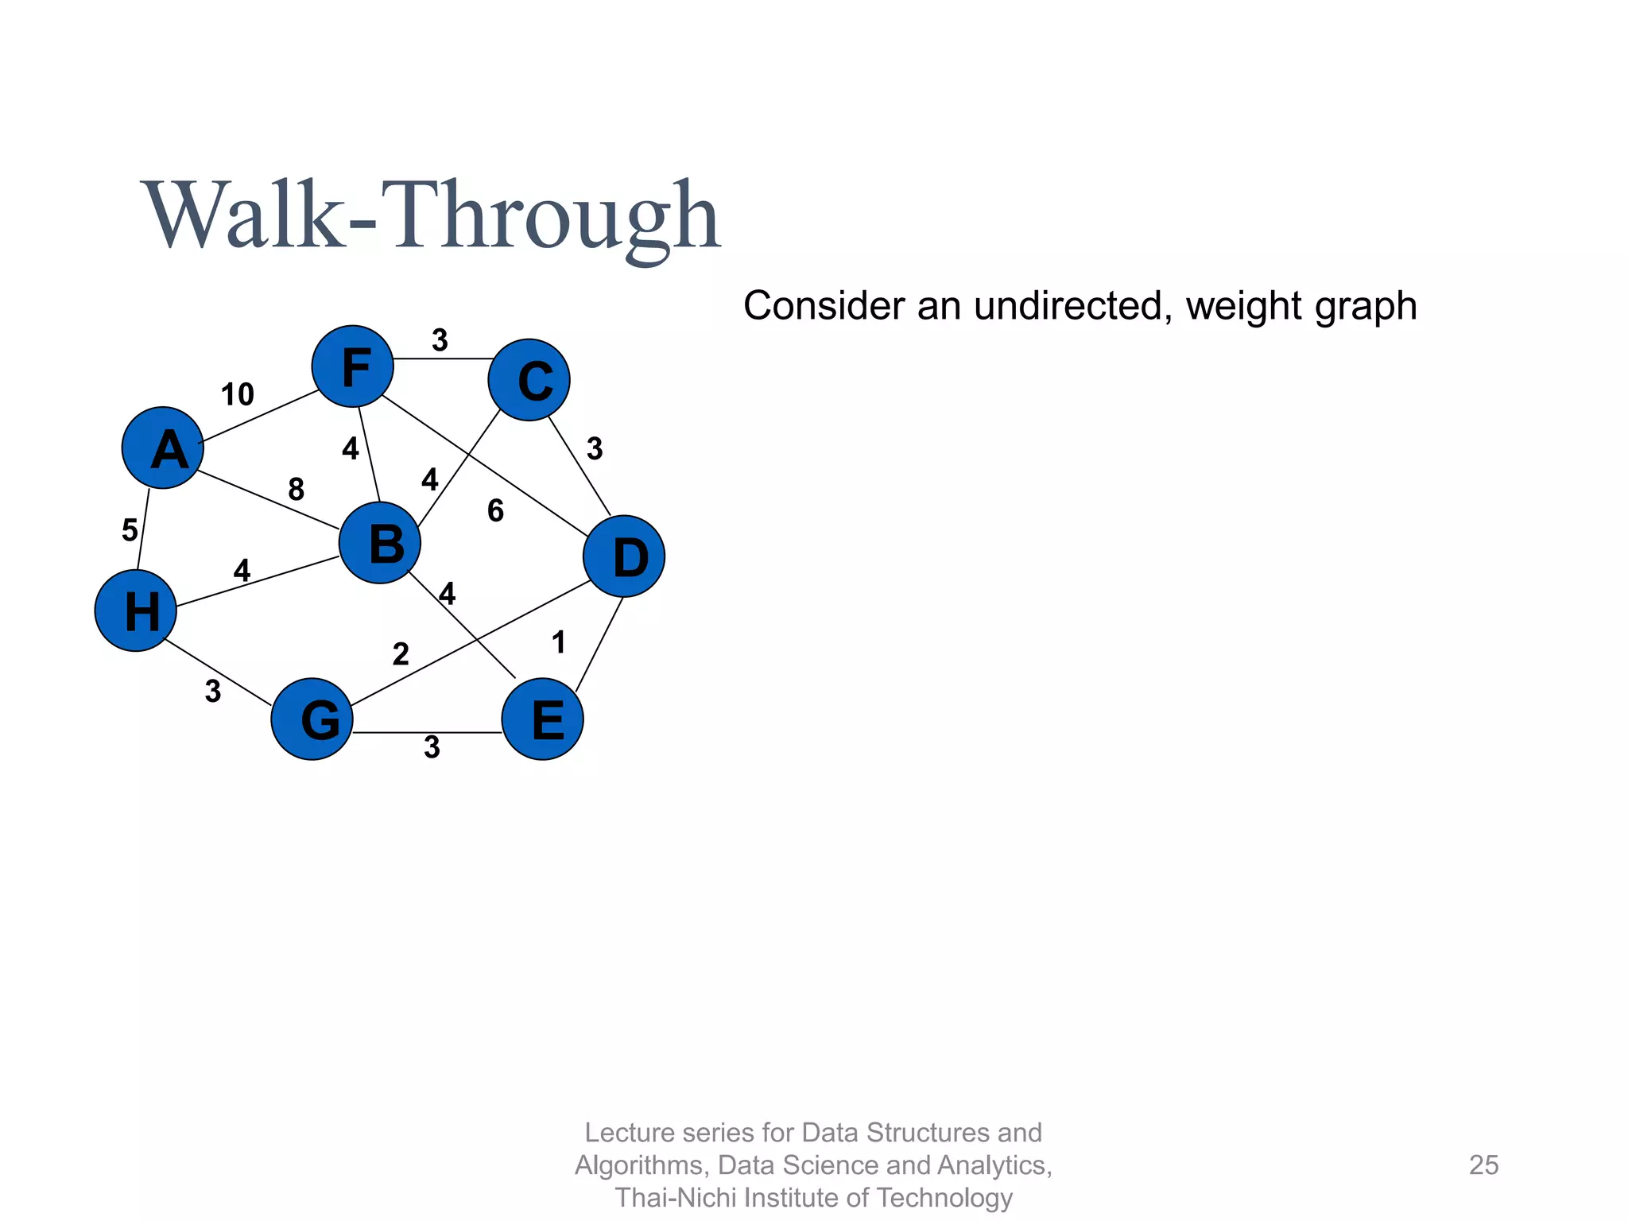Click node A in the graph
pos(163,448)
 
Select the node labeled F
pos(353,366)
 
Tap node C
pos(529,380)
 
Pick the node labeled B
pos(380,543)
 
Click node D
pos(624,556)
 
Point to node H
pos(136,610)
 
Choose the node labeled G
pos(312,719)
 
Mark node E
pos(543,719)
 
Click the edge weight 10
pos(237,394)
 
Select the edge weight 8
pos(296,490)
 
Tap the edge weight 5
pos(130,530)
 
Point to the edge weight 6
pos(495,511)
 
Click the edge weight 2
pos(401,654)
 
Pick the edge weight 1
pos(559,642)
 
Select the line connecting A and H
pos(144,528)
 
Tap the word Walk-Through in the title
pos(432,216)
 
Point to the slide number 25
pos(1483,1165)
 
